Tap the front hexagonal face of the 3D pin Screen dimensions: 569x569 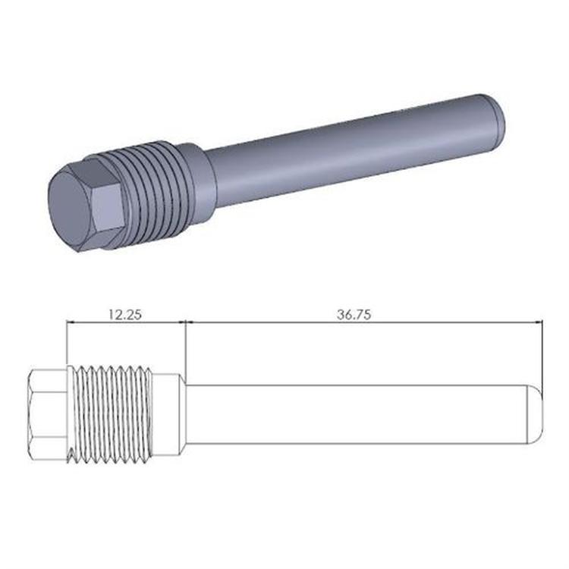[x=70, y=200]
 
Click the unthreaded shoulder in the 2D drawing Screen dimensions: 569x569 [x=168, y=414]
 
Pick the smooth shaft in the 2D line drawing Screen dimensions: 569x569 [x=357, y=414]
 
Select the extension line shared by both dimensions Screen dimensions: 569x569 [x=186, y=349]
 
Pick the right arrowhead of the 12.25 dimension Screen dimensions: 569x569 [x=182, y=322]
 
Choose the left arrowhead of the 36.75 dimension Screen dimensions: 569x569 [x=190, y=322]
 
